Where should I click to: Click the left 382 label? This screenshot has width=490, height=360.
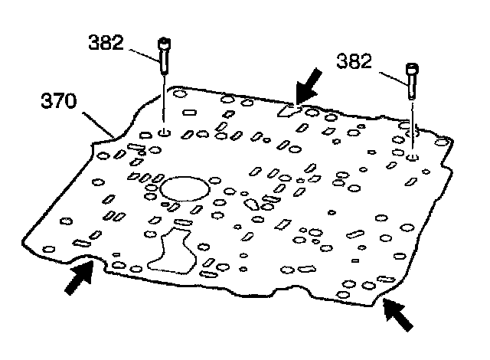[106, 43]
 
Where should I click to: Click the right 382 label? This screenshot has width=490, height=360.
[358, 61]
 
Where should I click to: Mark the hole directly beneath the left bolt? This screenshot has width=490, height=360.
[164, 132]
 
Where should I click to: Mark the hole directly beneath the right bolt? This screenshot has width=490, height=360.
[413, 156]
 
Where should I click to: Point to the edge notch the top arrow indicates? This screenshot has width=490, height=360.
[288, 110]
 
